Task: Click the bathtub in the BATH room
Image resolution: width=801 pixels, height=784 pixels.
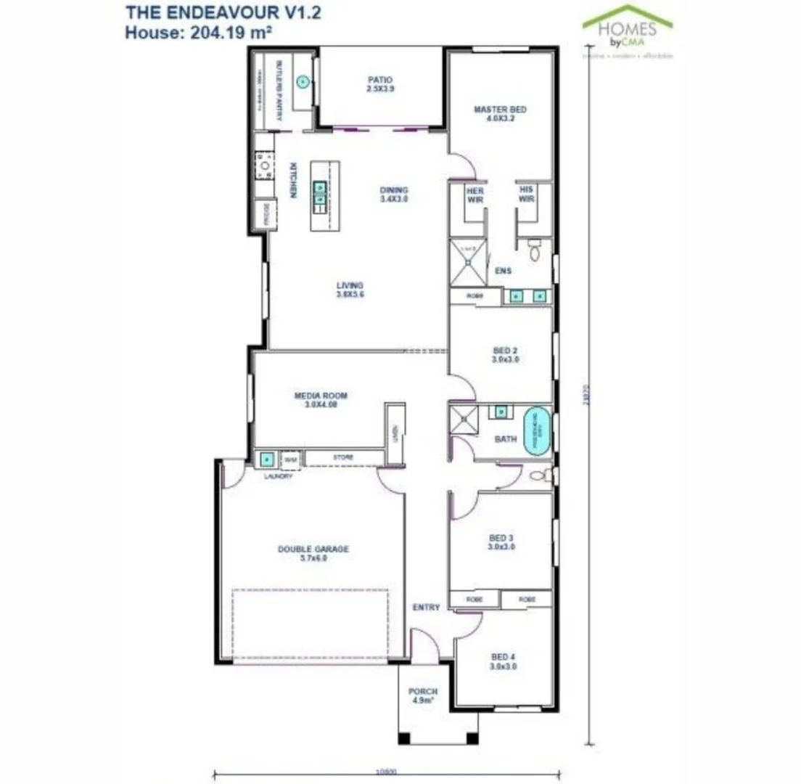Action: pyautogui.click(x=536, y=433)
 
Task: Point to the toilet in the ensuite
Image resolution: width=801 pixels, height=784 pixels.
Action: pyautogui.click(x=535, y=251)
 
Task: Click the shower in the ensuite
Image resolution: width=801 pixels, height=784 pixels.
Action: pyautogui.click(x=468, y=262)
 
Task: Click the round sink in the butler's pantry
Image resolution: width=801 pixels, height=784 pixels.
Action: pyautogui.click(x=303, y=82)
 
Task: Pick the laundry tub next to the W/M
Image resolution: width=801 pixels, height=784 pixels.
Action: pyautogui.click(x=266, y=459)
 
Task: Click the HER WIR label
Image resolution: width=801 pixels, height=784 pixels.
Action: pyautogui.click(x=475, y=195)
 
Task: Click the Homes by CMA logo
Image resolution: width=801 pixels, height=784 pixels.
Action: pyautogui.click(x=628, y=29)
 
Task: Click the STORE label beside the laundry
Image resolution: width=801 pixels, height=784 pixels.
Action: pyautogui.click(x=342, y=458)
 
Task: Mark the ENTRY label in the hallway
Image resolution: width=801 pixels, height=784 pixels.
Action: pyautogui.click(x=426, y=607)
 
